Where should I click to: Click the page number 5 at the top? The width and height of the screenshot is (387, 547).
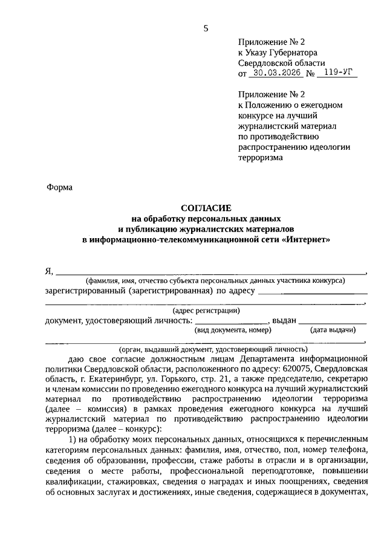pos(205,28)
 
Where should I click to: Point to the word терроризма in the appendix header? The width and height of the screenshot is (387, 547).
pos(260,157)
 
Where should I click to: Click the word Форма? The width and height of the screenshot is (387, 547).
pos(59,187)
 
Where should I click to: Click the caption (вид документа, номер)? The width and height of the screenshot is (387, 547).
pos(232,330)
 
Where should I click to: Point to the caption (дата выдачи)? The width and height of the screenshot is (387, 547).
pos(333,330)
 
